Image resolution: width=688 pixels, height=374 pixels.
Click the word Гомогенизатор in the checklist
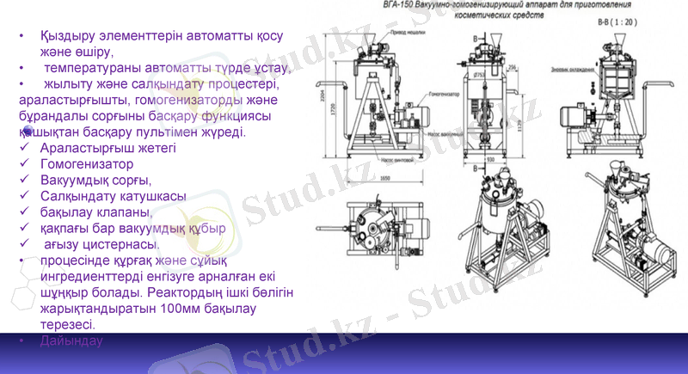(x=87, y=163)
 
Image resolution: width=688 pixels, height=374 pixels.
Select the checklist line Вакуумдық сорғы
(x=95, y=180)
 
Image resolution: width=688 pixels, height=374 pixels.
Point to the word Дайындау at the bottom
(x=71, y=341)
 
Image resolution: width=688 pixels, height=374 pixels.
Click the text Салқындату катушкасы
(x=113, y=196)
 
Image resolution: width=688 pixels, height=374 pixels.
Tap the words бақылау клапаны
(x=95, y=212)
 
